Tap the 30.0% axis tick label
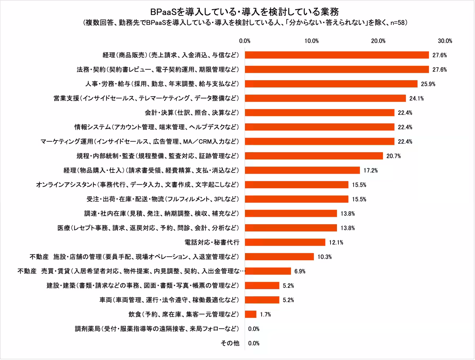click(x=445, y=41)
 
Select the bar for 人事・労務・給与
click(x=331, y=84)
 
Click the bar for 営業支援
click(x=325, y=98)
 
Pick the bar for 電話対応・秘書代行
click(x=285, y=242)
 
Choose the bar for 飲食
click(x=251, y=314)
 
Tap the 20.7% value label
click(x=394, y=156)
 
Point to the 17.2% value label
click(x=371, y=170)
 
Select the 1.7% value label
click(x=265, y=315)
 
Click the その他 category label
click(x=230, y=343)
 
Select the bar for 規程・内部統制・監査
click(x=314, y=156)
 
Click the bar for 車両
click(x=262, y=300)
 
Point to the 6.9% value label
click(x=300, y=271)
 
